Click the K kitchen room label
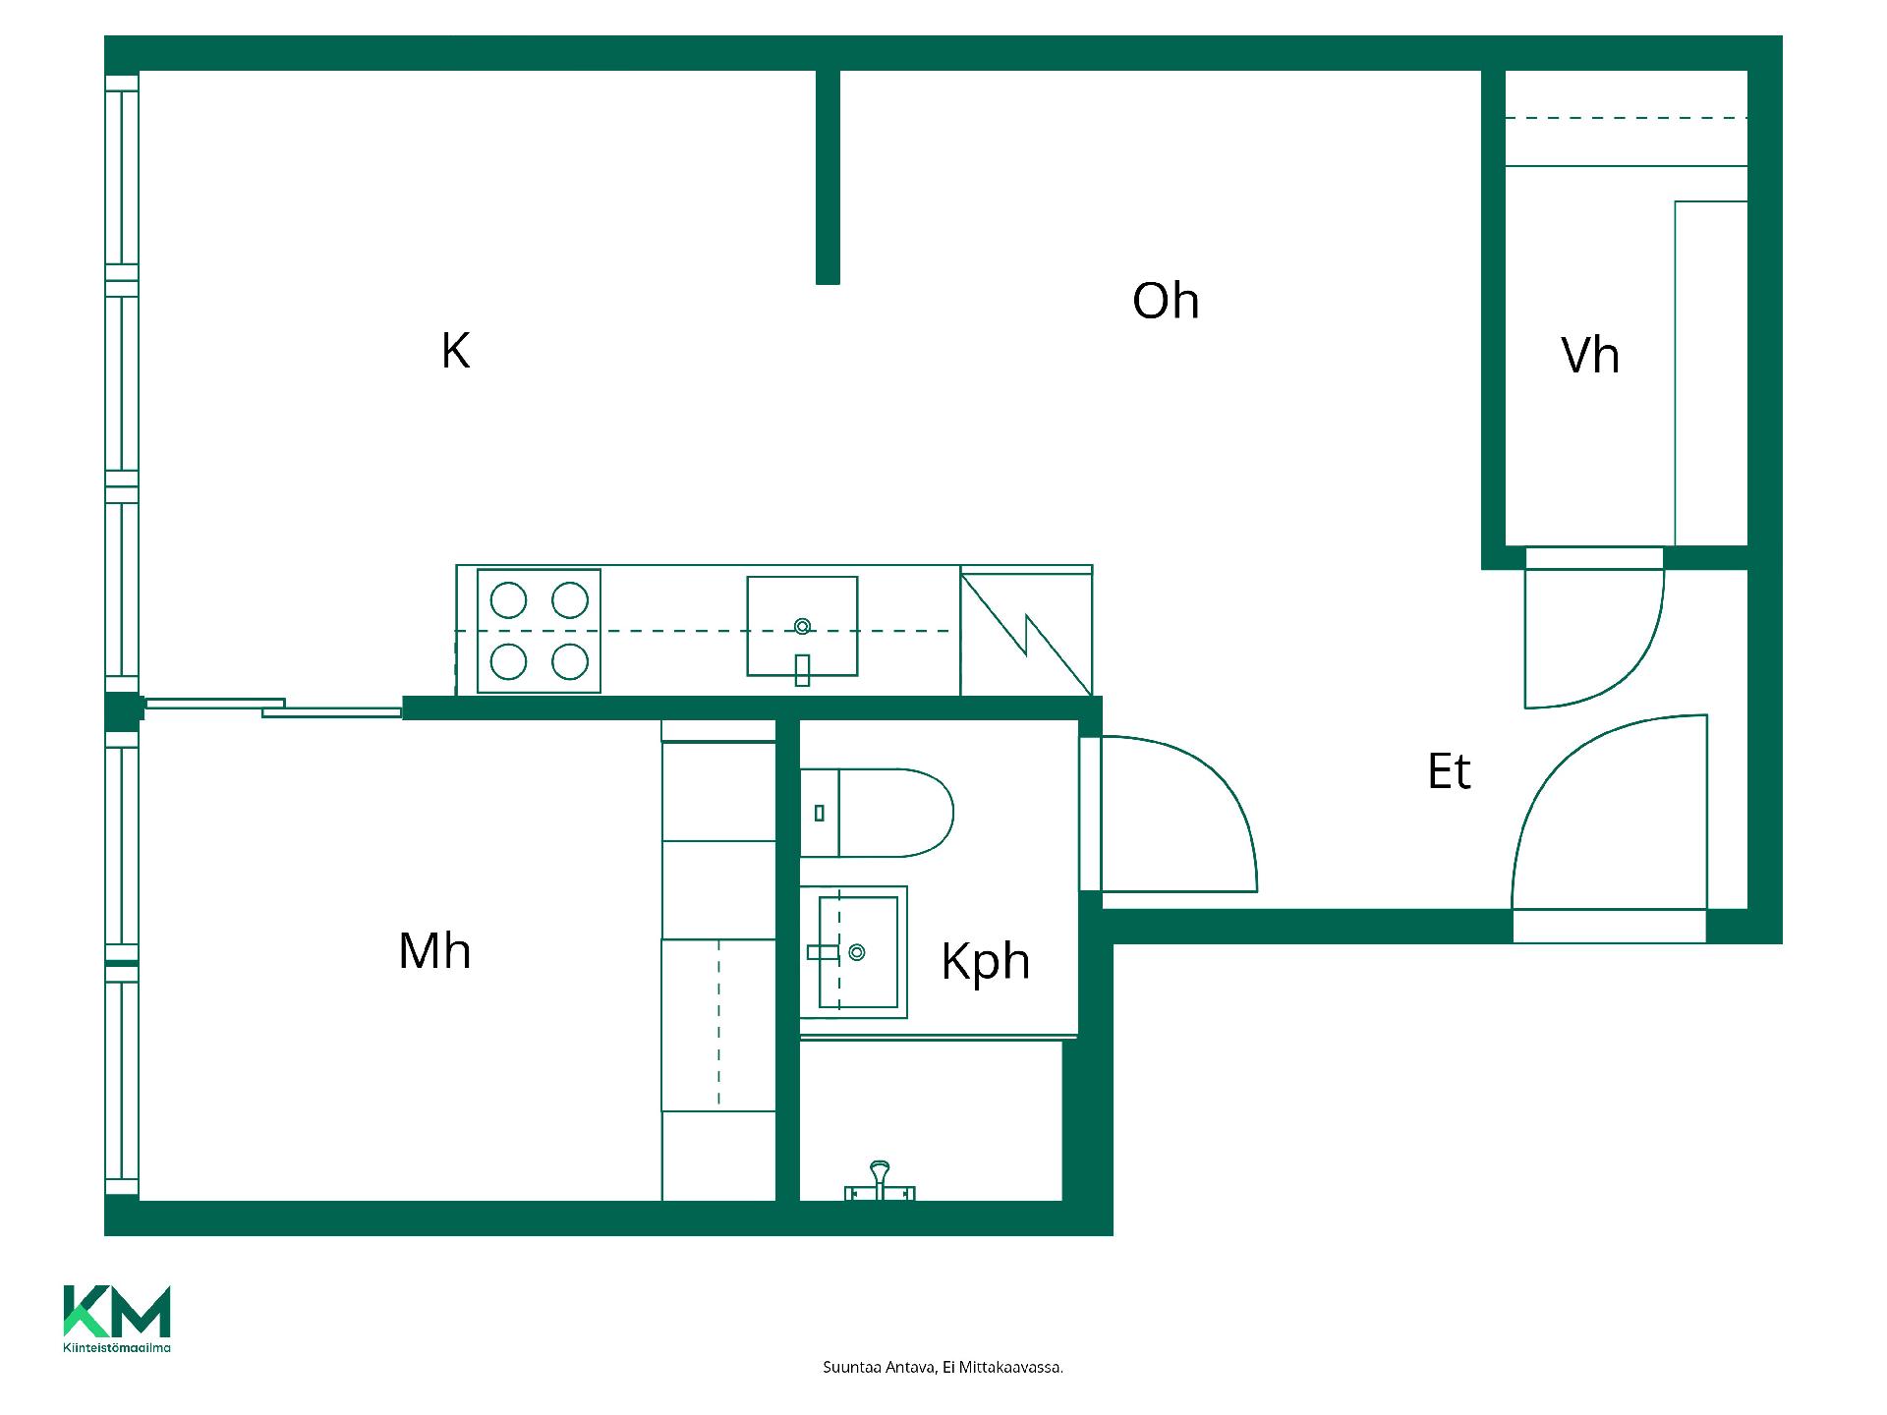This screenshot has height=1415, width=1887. pyautogui.click(x=455, y=351)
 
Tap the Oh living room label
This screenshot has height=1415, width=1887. pyautogui.click(x=1166, y=301)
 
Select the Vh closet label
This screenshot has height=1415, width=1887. pyautogui.click(x=1590, y=355)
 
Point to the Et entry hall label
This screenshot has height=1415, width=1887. pyautogui.click(x=1449, y=771)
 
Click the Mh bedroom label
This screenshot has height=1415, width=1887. pyautogui.click(x=434, y=951)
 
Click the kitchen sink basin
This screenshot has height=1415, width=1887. pyautogui.click(x=802, y=626)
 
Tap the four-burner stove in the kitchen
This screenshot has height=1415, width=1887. pyautogui.click(x=539, y=631)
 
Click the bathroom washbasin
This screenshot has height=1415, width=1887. pyautogui.click(x=853, y=952)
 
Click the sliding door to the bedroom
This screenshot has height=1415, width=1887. pyautogui.click(x=273, y=707)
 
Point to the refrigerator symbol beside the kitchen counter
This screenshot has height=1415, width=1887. pyautogui.click(x=1026, y=631)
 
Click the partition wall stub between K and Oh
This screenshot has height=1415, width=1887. pyautogui.click(x=828, y=177)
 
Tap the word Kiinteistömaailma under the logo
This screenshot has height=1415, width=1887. pyautogui.click(x=117, y=1347)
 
